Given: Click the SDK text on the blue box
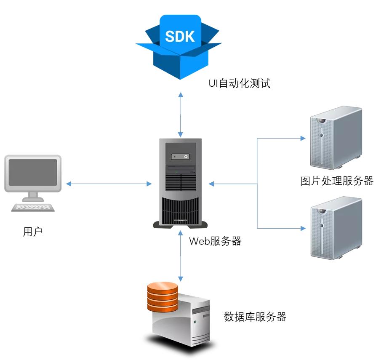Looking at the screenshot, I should point(180,36).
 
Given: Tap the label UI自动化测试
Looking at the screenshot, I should point(239,83).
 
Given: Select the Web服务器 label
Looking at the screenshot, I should point(215,241).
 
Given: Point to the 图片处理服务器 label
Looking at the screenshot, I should point(337,181).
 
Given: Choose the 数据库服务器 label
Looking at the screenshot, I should point(255,317).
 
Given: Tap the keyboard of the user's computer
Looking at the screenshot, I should point(33,208).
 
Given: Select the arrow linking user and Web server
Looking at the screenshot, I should point(109,184).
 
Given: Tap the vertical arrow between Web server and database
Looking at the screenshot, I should point(181,255).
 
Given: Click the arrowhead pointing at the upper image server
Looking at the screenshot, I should point(302,138).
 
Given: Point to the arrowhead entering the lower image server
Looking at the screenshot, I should point(302,228).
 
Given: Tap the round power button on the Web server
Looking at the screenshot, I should point(186,157).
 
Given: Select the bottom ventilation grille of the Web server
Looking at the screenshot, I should point(180,210).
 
